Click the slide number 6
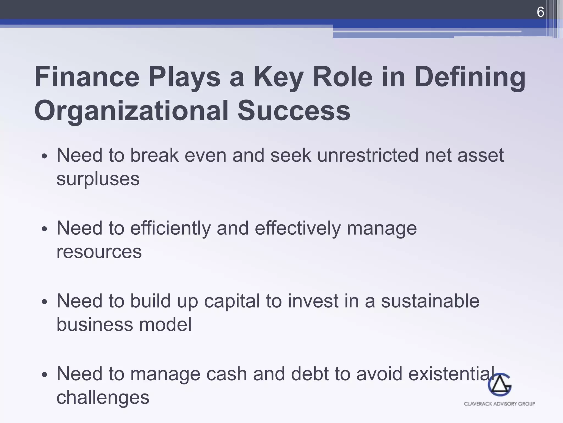coord(540,12)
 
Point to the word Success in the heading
coord(294,111)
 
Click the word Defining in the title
coord(470,78)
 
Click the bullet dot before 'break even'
coord(45,157)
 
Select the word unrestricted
coord(368,155)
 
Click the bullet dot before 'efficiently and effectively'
coord(45,229)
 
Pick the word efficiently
coord(170,229)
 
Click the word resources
coord(99,252)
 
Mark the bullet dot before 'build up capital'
coord(45,302)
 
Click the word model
coord(165,324)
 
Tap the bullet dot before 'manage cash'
coord(45,375)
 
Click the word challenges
coord(103,398)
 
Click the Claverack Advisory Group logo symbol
coord(499,384)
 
